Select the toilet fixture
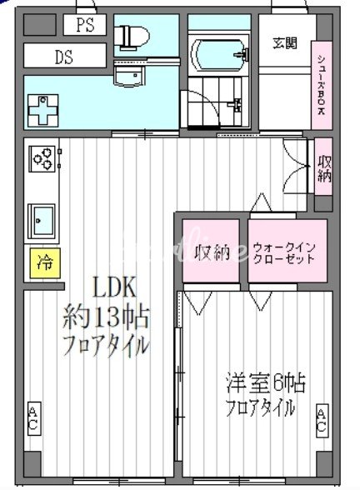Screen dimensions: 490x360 (132, 35)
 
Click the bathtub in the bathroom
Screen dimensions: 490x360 (218, 55)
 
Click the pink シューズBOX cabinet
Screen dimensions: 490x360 (321, 83)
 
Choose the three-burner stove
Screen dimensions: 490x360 (42, 156)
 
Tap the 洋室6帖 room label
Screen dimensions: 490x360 (265, 383)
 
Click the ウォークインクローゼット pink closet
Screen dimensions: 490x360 (283, 252)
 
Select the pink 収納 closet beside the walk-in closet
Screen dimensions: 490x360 (212, 252)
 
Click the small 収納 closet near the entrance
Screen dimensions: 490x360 (324, 169)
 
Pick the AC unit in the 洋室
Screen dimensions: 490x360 (322, 420)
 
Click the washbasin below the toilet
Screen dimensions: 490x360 (128, 77)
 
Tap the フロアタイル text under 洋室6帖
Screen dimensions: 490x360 (260, 408)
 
